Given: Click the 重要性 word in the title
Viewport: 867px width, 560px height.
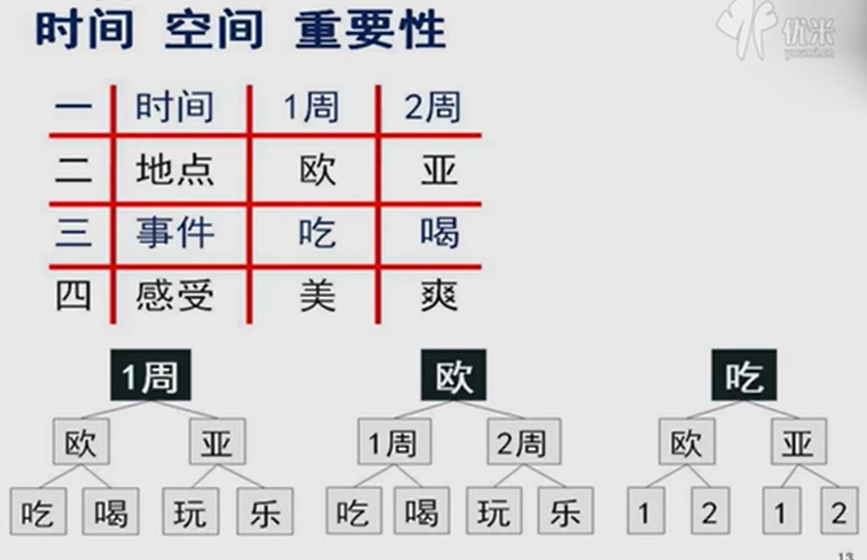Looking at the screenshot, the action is [371, 30].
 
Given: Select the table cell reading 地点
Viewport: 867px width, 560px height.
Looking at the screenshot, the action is [175, 170].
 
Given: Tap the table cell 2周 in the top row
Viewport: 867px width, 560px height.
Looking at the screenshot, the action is [433, 107].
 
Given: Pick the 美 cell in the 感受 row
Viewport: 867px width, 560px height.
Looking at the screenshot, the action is [317, 295].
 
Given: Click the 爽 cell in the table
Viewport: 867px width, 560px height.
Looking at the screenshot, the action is [439, 295].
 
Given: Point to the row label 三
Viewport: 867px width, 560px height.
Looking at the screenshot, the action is [73, 233].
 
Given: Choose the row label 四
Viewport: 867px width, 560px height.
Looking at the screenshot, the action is [73, 295].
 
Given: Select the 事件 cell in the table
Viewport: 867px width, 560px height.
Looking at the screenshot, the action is [175, 233].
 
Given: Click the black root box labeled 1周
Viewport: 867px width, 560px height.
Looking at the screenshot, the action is [150, 376].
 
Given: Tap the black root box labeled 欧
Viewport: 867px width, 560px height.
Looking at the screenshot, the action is [453, 376].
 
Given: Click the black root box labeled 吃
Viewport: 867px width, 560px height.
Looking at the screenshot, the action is [744, 376].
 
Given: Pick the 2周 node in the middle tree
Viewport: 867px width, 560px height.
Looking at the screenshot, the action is [523, 443].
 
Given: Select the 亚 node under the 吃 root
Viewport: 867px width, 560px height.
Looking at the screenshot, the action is [798, 443].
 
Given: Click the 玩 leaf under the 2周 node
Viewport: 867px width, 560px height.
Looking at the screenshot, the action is [494, 511].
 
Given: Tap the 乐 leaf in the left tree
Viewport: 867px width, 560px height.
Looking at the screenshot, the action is [264, 511].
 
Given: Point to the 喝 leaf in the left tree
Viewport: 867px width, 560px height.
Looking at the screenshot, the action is [111, 511].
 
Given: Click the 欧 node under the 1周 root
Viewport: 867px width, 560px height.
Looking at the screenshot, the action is [81, 443].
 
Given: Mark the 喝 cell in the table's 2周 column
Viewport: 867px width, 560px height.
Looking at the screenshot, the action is [439, 233].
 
